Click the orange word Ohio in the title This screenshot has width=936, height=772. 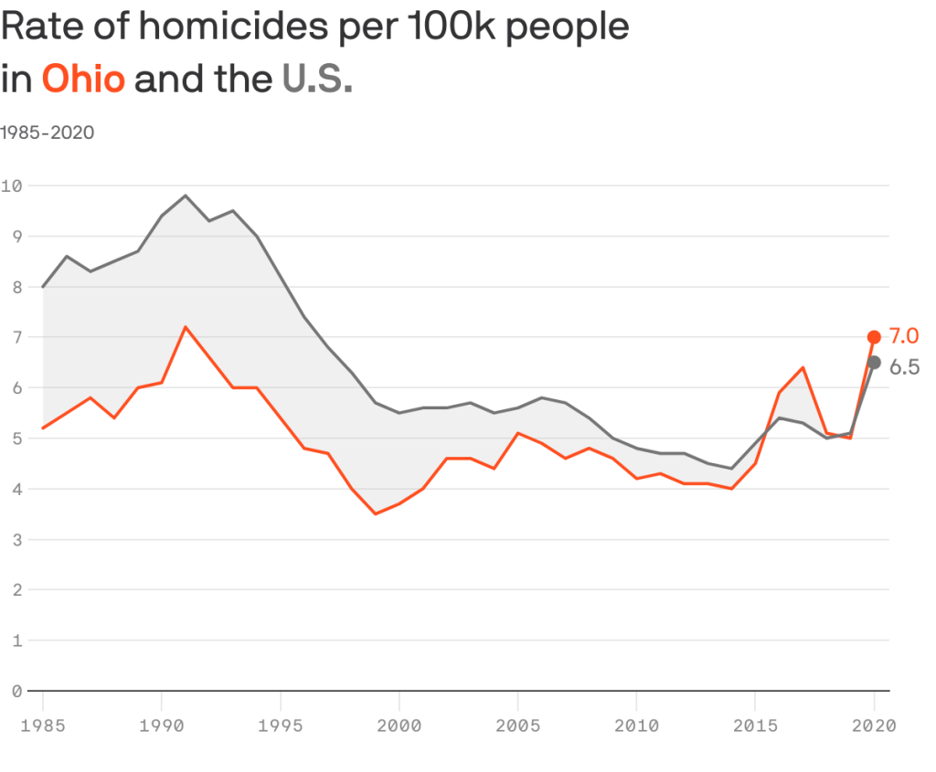point(83,79)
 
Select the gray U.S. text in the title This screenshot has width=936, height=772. point(317,79)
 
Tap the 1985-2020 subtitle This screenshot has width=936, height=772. point(48,132)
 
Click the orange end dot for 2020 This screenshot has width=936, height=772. point(874,337)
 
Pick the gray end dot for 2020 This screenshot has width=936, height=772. point(874,363)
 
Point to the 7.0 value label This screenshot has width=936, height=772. point(904,336)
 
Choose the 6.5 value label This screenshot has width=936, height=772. point(904,368)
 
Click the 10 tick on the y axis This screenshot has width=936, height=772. point(12,185)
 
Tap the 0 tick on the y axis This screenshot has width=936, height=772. point(16,691)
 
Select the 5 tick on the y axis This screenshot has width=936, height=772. point(16,439)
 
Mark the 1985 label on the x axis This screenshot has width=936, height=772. point(42,726)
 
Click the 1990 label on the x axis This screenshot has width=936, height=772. point(161,726)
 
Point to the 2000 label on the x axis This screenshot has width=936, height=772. point(399,726)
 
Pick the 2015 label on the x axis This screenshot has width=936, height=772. point(755,726)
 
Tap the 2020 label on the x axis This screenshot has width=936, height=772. point(874,726)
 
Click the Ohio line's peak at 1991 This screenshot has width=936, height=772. point(186,327)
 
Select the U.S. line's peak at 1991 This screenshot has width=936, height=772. point(186,196)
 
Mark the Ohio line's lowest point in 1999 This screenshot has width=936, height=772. point(375,513)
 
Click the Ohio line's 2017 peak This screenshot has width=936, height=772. point(803,367)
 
